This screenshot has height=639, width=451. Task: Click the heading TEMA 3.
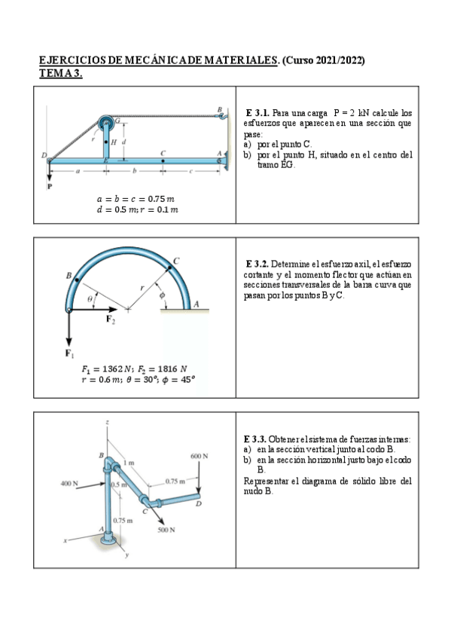[60, 73]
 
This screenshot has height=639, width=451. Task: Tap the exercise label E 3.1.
[257, 112]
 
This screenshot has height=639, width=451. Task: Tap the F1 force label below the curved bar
[69, 353]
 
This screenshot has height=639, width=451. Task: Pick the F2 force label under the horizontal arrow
[111, 319]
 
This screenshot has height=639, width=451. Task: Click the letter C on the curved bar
[176, 261]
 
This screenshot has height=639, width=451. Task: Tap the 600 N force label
[199, 456]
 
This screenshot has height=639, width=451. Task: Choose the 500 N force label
[167, 530]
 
